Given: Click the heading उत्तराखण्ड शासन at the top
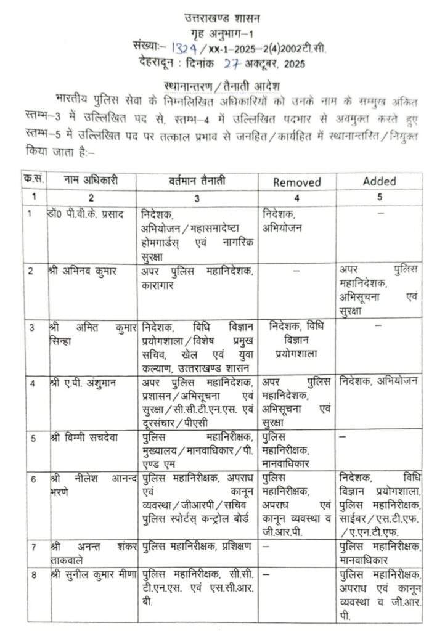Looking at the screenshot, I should tap(221, 18).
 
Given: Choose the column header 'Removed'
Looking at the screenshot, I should tap(297, 182).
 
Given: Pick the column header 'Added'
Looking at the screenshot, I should tap(379, 181).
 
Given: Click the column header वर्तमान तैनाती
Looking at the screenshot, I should tap(197, 182).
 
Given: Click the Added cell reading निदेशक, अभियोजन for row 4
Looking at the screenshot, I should tap(378, 382).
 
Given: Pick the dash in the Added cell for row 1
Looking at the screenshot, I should tap(380, 213).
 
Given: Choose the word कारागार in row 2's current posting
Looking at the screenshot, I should tap(160, 285).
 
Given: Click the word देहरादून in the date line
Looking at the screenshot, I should tap(159, 62).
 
